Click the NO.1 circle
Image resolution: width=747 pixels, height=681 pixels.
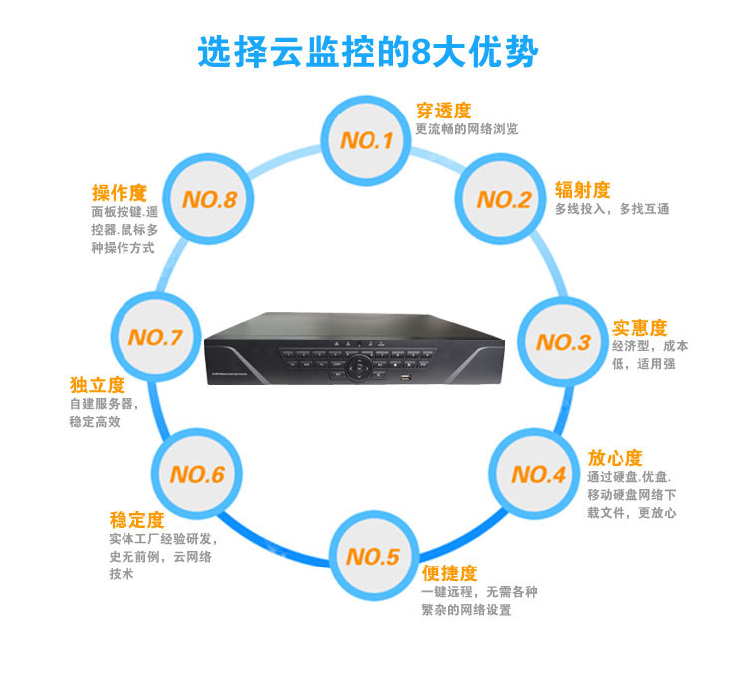[367, 140]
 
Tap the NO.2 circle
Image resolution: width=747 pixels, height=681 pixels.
[503, 199]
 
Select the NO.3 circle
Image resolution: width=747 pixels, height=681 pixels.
[563, 342]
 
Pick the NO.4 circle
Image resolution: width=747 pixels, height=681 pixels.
[539, 474]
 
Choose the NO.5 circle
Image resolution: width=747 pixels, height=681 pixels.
[373, 556]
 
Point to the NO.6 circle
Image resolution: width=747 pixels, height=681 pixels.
[197, 474]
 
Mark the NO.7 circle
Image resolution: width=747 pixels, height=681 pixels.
[154, 338]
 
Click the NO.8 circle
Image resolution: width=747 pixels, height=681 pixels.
[209, 199]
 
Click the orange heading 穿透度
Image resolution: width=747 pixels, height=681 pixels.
[443, 111]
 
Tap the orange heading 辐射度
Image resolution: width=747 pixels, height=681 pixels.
[583, 190]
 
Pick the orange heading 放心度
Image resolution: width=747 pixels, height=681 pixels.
[616, 458]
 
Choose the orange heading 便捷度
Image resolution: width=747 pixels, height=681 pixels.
[449, 573]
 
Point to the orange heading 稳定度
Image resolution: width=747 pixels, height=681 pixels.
[136, 520]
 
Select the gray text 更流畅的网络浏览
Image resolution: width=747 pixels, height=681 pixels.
[466, 129]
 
